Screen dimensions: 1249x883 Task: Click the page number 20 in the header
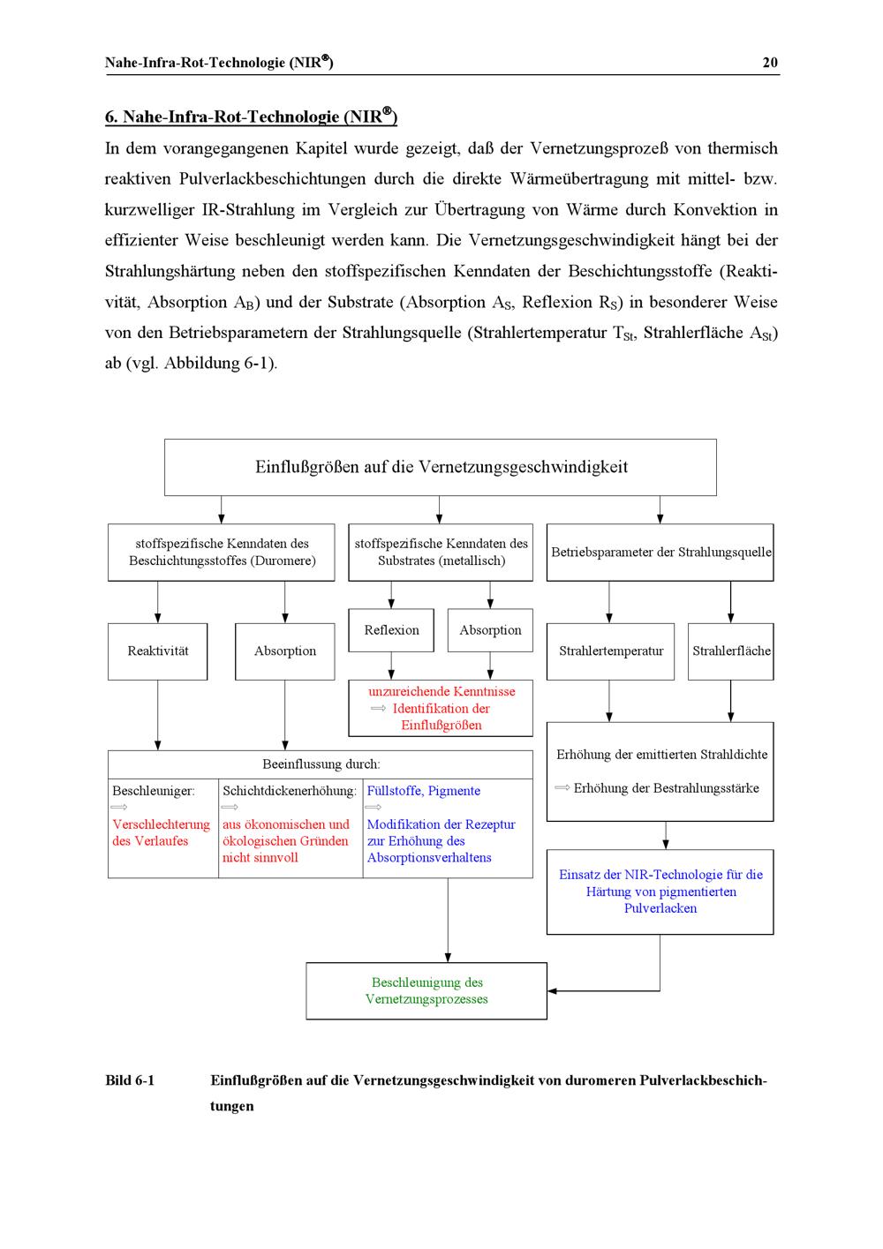coord(770,62)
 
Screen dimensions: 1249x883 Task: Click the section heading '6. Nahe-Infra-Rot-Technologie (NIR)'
coord(251,117)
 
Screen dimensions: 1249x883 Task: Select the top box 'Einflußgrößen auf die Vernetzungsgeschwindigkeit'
coord(441,467)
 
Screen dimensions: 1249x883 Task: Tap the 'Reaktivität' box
coord(158,651)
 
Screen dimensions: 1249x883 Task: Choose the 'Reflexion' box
coord(391,630)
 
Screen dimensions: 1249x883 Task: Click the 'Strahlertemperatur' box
coord(610,651)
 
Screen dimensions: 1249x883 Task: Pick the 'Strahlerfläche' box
coord(731,651)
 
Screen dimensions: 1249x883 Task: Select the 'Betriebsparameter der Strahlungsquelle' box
coord(660,553)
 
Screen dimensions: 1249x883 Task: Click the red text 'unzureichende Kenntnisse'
coord(441,691)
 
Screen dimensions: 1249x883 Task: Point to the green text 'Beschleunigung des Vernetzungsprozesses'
coord(426,990)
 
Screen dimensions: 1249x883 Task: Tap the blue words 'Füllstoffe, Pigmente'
coord(424,791)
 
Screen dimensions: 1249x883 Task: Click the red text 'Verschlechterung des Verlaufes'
coord(161,832)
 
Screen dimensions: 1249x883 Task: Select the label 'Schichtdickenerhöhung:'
coord(290,791)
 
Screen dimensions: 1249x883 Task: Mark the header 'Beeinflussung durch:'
coord(321,764)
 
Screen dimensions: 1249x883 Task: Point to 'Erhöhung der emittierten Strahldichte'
coord(661,755)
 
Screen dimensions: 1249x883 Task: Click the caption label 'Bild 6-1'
coord(130,1080)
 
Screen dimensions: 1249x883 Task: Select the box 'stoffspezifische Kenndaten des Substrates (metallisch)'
coord(441,553)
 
